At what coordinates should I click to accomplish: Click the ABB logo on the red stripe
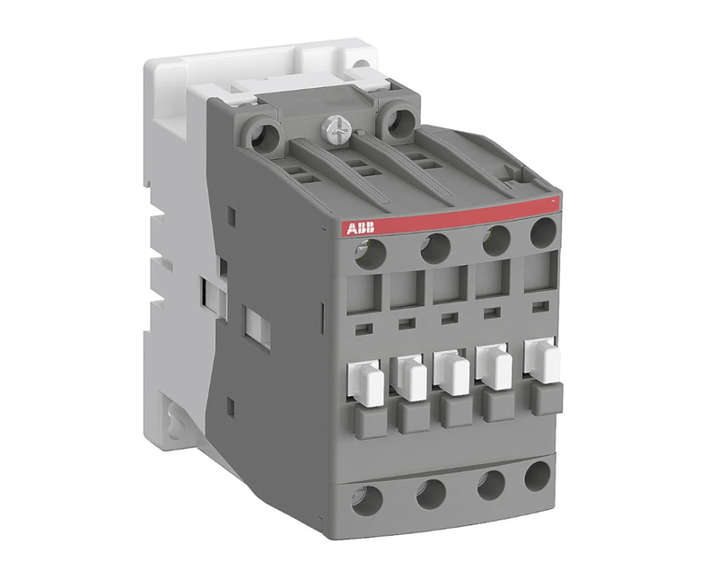coord(360,228)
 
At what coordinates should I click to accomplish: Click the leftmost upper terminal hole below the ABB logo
coord(370,253)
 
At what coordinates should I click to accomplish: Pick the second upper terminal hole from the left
coord(435,248)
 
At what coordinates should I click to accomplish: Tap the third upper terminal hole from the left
coord(496,240)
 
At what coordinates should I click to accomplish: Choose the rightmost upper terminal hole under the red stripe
coord(543,232)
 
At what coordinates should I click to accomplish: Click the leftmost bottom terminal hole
coord(367,500)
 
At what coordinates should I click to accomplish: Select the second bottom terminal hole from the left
coord(431,494)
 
